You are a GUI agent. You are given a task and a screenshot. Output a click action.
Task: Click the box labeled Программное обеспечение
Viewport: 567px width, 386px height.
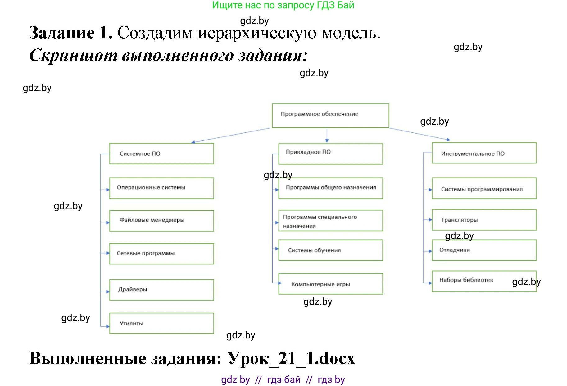coord(330,116)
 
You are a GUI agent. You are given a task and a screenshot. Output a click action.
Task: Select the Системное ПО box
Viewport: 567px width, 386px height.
coord(161,154)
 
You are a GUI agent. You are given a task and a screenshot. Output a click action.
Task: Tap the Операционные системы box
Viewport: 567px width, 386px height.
coord(161,188)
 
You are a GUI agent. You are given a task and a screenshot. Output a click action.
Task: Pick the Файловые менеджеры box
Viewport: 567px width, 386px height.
coord(161,221)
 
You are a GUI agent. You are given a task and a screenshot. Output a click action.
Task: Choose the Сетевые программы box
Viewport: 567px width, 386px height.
coord(161,254)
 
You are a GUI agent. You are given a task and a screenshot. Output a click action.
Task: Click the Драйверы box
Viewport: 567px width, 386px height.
coord(161,290)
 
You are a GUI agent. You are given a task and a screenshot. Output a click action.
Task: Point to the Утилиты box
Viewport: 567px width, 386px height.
coord(161,323)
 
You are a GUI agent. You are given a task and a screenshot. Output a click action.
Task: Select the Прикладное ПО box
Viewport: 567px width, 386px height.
coord(330,154)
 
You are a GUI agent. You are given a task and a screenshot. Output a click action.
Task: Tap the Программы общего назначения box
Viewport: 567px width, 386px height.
coord(330,188)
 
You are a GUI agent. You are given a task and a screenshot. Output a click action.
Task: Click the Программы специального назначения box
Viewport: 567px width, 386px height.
coord(330,221)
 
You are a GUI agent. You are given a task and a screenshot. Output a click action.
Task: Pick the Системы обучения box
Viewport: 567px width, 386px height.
coord(330,250)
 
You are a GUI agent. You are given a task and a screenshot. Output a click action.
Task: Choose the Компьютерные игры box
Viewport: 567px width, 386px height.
coord(330,284)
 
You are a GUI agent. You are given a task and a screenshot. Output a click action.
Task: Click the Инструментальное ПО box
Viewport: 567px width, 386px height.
coord(484,153)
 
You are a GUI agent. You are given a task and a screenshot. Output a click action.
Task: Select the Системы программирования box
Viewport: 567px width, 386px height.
coord(484,188)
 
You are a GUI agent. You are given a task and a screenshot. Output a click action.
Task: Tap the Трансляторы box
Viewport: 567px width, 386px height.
coord(484,220)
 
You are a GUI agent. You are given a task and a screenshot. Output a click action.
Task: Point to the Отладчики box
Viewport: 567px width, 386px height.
coord(484,250)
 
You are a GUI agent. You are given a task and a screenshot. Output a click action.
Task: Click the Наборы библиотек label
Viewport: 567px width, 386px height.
coord(466,280)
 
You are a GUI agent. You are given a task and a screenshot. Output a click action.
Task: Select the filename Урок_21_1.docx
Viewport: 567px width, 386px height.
coord(291,358)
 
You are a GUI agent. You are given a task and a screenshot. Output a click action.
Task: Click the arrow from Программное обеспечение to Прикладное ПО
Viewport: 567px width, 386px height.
coord(327,135)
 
